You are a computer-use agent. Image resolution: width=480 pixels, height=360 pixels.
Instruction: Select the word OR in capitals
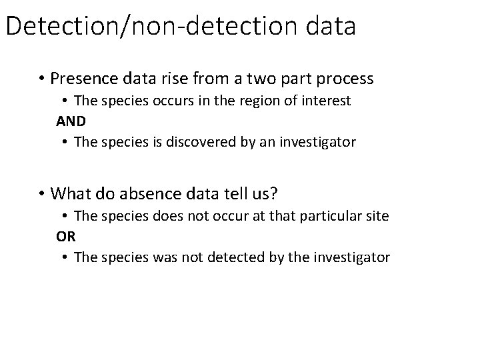65,236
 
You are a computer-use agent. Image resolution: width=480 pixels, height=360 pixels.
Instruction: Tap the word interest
327,101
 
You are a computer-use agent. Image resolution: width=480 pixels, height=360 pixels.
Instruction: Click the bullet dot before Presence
41,79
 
